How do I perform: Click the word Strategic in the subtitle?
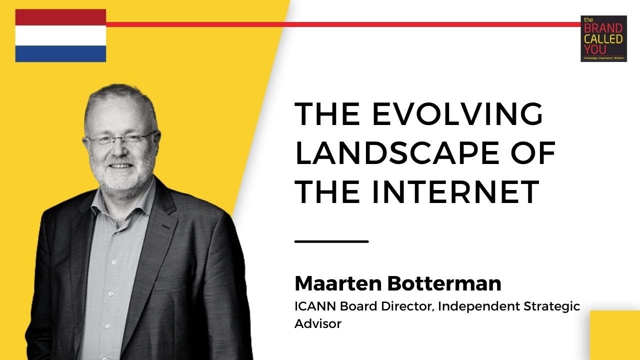(554, 306)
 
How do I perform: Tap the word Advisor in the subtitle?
(318, 323)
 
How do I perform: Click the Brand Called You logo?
(603, 38)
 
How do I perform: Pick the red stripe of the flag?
(60, 17)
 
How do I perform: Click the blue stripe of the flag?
(60, 53)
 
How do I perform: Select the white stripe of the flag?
(60, 35)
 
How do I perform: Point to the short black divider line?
(331, 241)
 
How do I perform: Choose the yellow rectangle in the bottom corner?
(615, 335)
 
